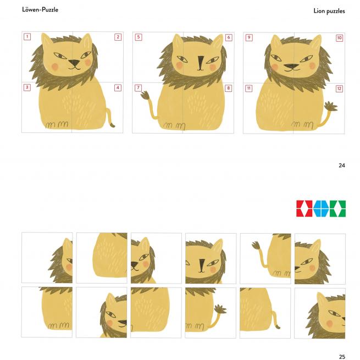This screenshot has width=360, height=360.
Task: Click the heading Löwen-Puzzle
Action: tap(40, 10)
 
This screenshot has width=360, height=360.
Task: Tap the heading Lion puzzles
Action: tap(329, 11)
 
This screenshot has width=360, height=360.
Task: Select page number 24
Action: tap(342, 165)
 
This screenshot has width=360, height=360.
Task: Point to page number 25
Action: tap(342, 357)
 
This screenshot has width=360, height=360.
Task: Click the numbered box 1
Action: tap(27, 36)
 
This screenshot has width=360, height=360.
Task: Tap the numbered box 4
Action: tap(118, 88)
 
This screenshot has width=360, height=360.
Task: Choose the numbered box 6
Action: tap(229, 37)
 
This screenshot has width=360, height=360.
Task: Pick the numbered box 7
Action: tap(138, 88)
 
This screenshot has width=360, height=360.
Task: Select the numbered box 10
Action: tap(339, 38)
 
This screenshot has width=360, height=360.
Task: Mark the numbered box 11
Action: tap(248, 88)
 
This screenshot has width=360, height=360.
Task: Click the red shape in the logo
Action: tap(304, 208)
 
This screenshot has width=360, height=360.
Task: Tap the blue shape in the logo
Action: tap(321, 208)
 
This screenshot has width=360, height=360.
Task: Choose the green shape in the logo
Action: tap(337, 208)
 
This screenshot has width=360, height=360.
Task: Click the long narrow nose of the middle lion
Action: tap(201, 63)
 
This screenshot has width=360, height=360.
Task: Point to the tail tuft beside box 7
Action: tap(145, 95)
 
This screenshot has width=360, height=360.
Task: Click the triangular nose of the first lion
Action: tap(74, 63)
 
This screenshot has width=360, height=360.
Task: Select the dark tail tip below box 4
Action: tap(113, 125)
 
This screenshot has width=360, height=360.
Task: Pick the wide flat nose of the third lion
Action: tap(291, 67)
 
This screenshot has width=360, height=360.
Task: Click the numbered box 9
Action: tap(249, 37)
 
